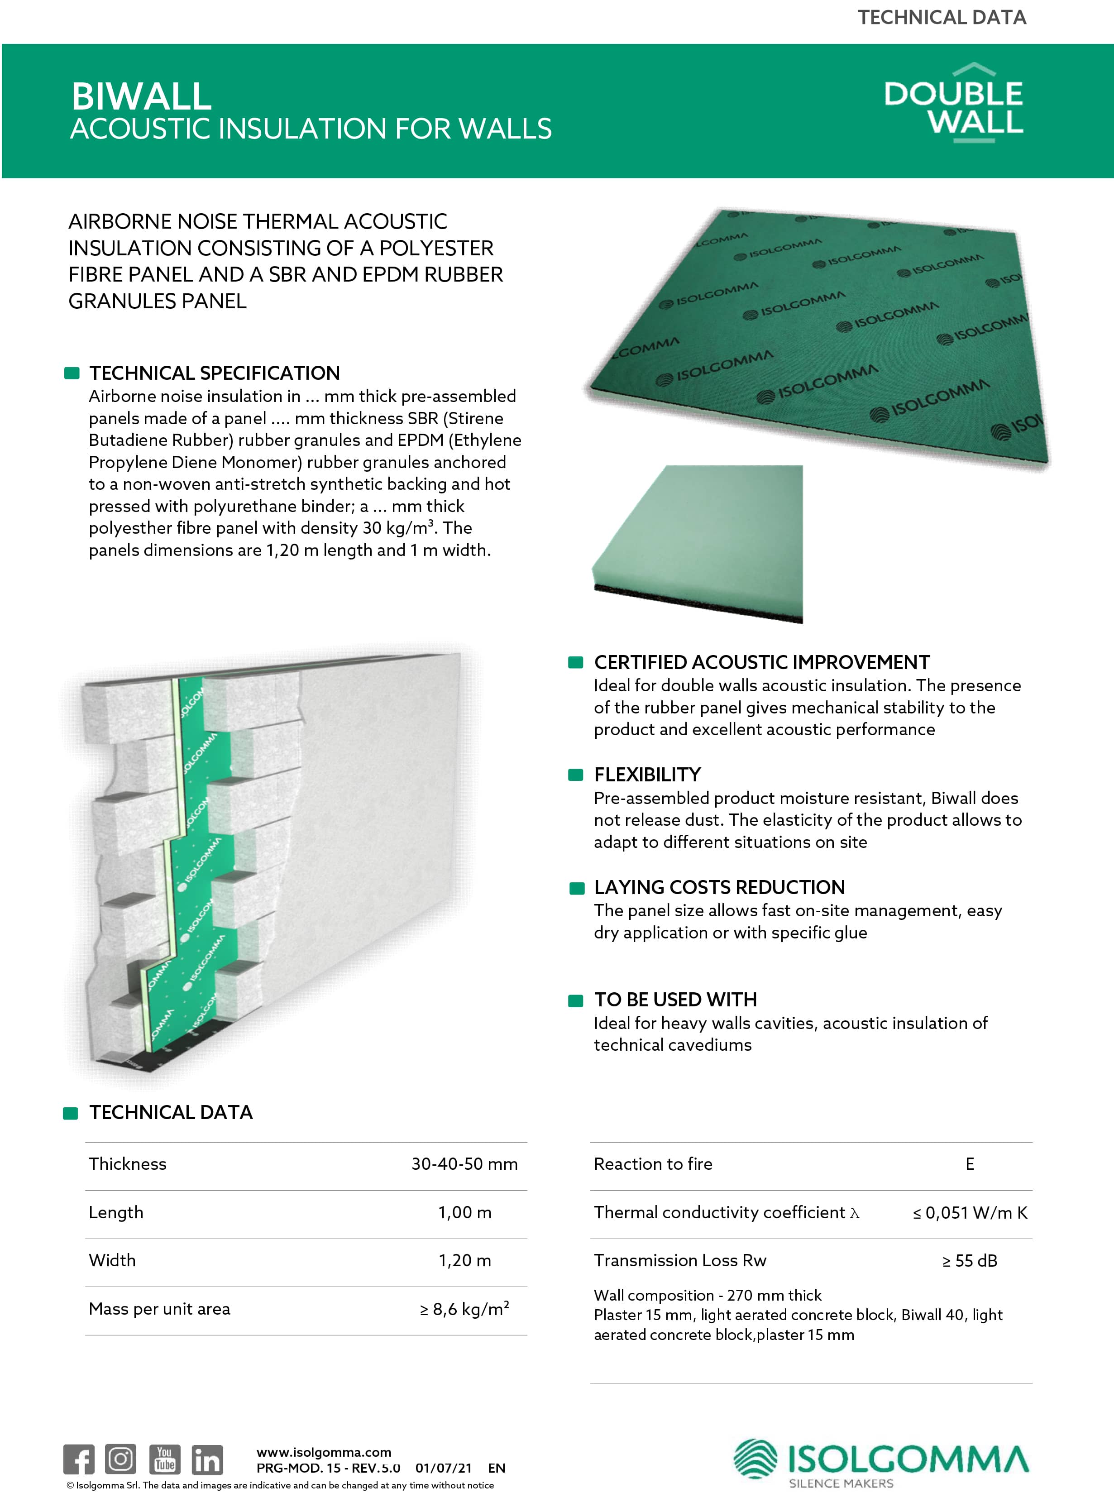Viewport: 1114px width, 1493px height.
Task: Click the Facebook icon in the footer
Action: click(x=79, y=1460)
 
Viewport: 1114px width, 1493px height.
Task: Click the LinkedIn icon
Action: click(x=207, y=1460)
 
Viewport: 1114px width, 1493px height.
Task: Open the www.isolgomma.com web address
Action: click(x=324, y=1452)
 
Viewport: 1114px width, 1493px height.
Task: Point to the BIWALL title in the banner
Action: click(x=142, y=96)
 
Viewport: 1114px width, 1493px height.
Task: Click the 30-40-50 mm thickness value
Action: click(x=464, y=1164)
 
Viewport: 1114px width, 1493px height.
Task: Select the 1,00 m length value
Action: click(x=464, y=1212)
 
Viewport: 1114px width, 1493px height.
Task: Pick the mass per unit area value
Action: click(x=464, y=1309)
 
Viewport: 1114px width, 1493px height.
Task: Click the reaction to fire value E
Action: click(x=970, y=1164)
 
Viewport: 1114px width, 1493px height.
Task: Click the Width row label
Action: click(x=112, y=1260)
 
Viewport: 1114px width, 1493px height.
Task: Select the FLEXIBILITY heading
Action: click(x=647, y=775)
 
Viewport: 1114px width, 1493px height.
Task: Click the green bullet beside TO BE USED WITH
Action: click(x=576, y=1001)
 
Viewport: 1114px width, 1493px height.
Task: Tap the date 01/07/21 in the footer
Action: click(x=444, y=1468)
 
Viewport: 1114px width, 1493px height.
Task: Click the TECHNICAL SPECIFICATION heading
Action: click(x=215, y=373)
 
